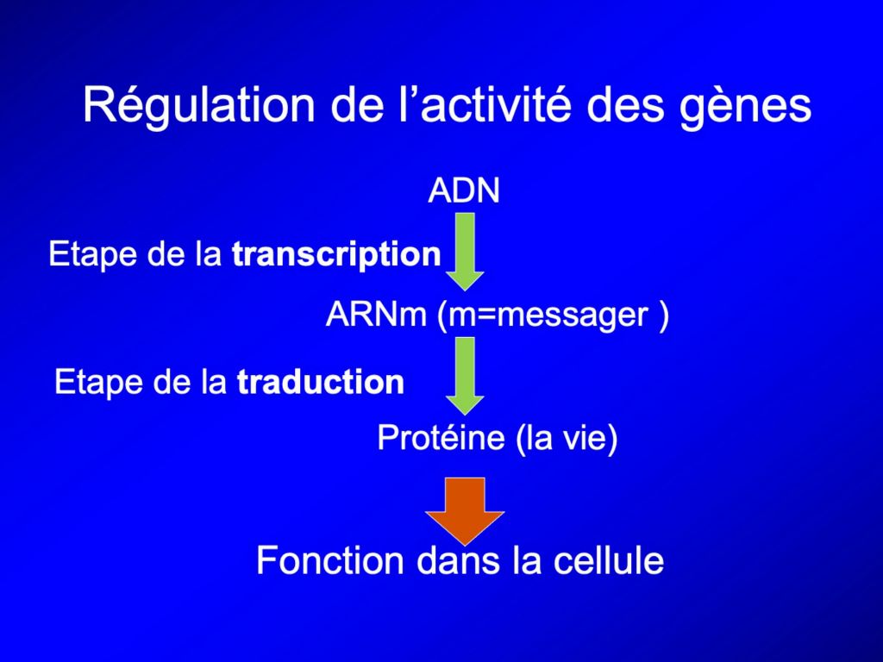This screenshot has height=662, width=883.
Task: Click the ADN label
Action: tap(463, 190)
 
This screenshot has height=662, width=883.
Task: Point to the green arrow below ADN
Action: tap(465, 251)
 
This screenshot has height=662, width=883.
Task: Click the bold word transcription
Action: tap(337, 255)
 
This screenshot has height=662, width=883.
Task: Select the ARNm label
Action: tap(376, 314)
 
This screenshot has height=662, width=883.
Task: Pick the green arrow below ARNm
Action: tap(465, 376)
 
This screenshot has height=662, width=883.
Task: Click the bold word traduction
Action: tap(321, 382)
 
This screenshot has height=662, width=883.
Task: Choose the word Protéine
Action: tap(441, 437)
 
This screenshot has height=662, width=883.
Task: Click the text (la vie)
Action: tap(567, 439)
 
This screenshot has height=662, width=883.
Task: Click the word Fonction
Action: tap(330, 560)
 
